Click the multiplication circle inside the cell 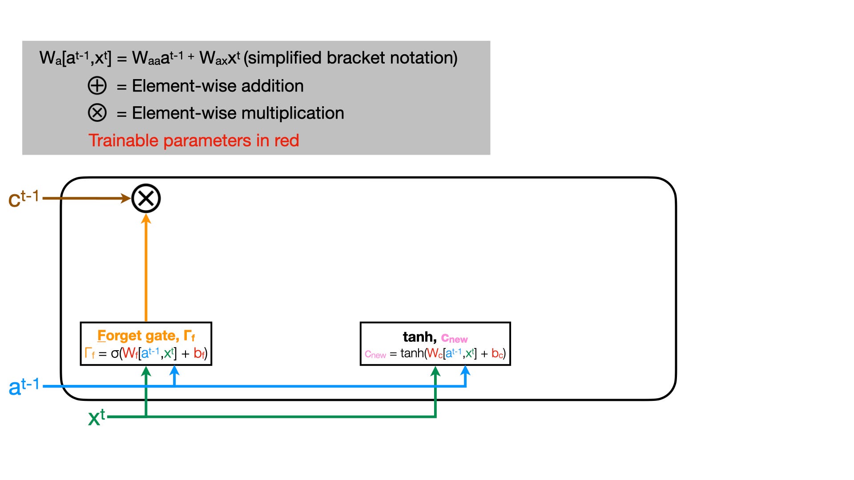pyautogui.click(x=146, y=198)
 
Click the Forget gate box pyautogui.click(x=146, y=344)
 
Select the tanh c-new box pyautogui.click(x=435, y=344)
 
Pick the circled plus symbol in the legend pyautogui.click(x=97, y=86)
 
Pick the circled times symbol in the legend pyautogui.click(x=97, y=113)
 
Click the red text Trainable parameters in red pyautogui.click(x=193, y=140)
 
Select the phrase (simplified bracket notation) pyautogui.click(x=350, y=58)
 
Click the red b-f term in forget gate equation pyautogui.click(x=199, y=354)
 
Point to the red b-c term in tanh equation pyautogui.click(x=497, y=354)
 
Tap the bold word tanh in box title pyautogui.click(x=418, y=337)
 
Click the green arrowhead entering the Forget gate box pyautogui.click(x=146, y=371)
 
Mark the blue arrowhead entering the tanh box pyautogui.click(x=465, y=371)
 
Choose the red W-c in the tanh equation pyautogui.click(x=435, y=354)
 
